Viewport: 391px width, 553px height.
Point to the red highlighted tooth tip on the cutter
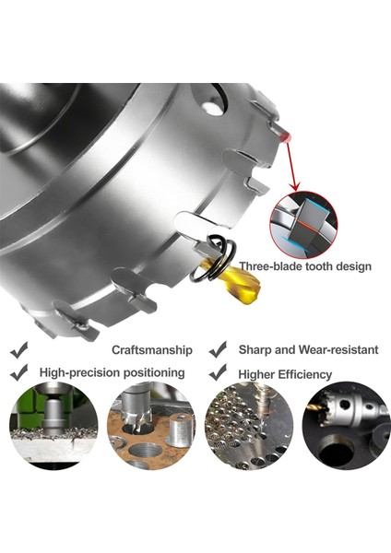(x=288, y=136)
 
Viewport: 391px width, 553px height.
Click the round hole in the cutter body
(x=213, y=107)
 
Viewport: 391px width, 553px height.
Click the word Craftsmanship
(x=151, y=350)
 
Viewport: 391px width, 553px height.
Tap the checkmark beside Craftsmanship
(x=19, y=350)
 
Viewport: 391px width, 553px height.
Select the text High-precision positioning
(x=112, y=372)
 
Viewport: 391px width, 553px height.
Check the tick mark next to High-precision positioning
(x=19, y=372)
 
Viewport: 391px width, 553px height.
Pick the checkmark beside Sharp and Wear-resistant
(x=218, y=350)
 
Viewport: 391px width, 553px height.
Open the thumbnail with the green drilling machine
(x=53, y=425)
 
